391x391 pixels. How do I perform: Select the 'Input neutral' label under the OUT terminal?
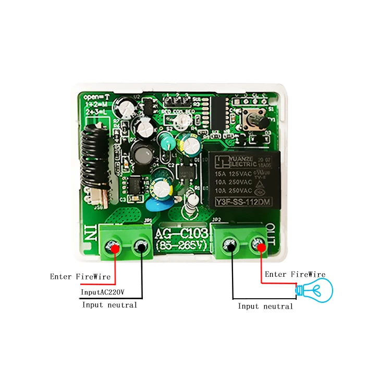tap(265, 307)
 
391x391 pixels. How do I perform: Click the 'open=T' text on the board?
tap(96, 96)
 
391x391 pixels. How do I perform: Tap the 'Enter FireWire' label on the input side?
tap(80, 276)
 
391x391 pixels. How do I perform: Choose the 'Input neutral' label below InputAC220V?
tap(109, 305)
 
